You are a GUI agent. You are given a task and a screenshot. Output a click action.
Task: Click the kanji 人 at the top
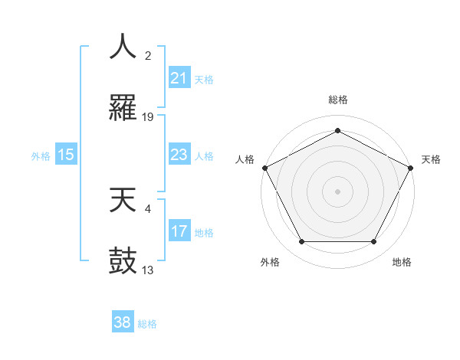pyautogui.click(x=123, y=47)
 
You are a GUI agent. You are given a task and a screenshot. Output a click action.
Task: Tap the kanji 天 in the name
pyautogui.click(x=123, y=200)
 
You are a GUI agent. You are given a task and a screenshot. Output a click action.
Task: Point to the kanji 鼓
pyautogui.click(x=123, y=260)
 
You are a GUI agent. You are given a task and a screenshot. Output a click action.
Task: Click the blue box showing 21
pyautogui.click(x=179, y=78)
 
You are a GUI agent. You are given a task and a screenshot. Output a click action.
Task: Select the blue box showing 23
pyautogui.click(x=179, y=155)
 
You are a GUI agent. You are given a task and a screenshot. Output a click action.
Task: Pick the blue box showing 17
pyautogui.click(x=179, y=231)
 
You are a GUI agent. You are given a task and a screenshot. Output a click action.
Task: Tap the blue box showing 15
pyautogui.click(x=66, y=155)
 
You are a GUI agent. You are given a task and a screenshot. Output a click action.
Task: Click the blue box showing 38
pyautogui.click(x=123, y=322)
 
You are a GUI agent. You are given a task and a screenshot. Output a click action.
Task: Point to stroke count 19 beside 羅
pyautogui.click(x=148, y=116)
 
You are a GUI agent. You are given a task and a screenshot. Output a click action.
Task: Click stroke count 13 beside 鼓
pyautogui.click(x=148, y=269)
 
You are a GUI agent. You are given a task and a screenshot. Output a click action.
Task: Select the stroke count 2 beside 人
pyautogui.click(x=148, y=55)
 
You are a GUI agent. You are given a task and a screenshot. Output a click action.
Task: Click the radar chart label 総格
pyautogui.click(x=337, y=100)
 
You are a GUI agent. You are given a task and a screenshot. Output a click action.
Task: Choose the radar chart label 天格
pyautogui.click(x=431, y=159)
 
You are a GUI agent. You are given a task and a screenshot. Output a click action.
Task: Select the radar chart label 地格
pyautogui.click(x=402, y=262)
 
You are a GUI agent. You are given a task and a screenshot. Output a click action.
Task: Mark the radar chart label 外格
pyautogui.click(x=270, y=262)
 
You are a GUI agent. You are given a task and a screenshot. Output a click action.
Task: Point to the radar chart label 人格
pyautogui.click(x=245, y=159)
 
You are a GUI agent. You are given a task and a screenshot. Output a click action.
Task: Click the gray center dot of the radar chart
pyautogui.click(x=337, y=191)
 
